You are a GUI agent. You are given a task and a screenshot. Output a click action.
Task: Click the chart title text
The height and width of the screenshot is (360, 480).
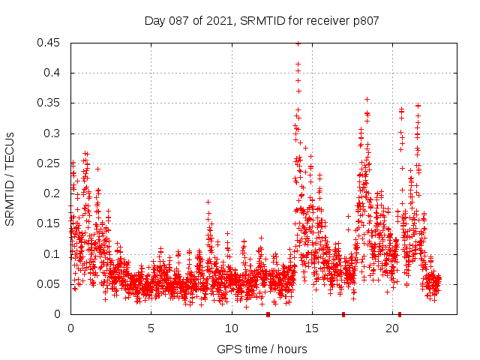261,21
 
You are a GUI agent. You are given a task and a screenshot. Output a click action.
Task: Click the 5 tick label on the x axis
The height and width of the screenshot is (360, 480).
151,328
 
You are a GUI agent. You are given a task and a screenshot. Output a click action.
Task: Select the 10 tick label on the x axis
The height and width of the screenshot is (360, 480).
232,328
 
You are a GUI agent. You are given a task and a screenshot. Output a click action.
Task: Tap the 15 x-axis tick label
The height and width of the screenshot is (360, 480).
312,328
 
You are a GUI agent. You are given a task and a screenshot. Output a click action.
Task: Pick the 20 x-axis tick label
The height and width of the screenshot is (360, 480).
392,328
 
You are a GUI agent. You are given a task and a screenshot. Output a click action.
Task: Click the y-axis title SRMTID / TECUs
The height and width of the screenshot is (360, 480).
10,178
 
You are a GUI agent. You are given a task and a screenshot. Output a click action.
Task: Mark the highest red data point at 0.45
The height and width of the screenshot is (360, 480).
298,43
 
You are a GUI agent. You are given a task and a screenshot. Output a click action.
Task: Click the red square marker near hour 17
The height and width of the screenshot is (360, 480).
343,314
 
